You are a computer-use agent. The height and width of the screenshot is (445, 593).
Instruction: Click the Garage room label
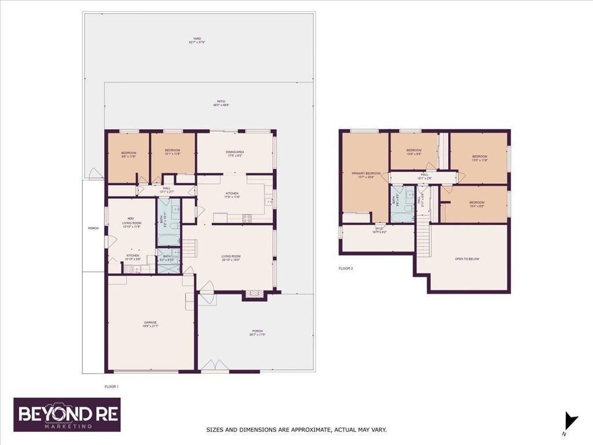pos(151,323)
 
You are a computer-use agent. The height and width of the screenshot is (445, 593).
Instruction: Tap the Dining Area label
pos(235,153)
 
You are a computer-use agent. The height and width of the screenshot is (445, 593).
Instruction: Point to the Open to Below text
pos(467,259)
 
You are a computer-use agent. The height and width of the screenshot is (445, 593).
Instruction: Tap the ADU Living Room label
pos(131,221)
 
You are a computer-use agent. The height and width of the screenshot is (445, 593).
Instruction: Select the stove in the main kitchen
pos(247,218)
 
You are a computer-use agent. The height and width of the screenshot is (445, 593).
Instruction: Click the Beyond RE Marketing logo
pos(67,414)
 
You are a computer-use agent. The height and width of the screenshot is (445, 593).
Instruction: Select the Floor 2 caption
pos(346,268)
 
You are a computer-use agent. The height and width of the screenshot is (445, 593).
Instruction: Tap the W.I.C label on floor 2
pos(380,230)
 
